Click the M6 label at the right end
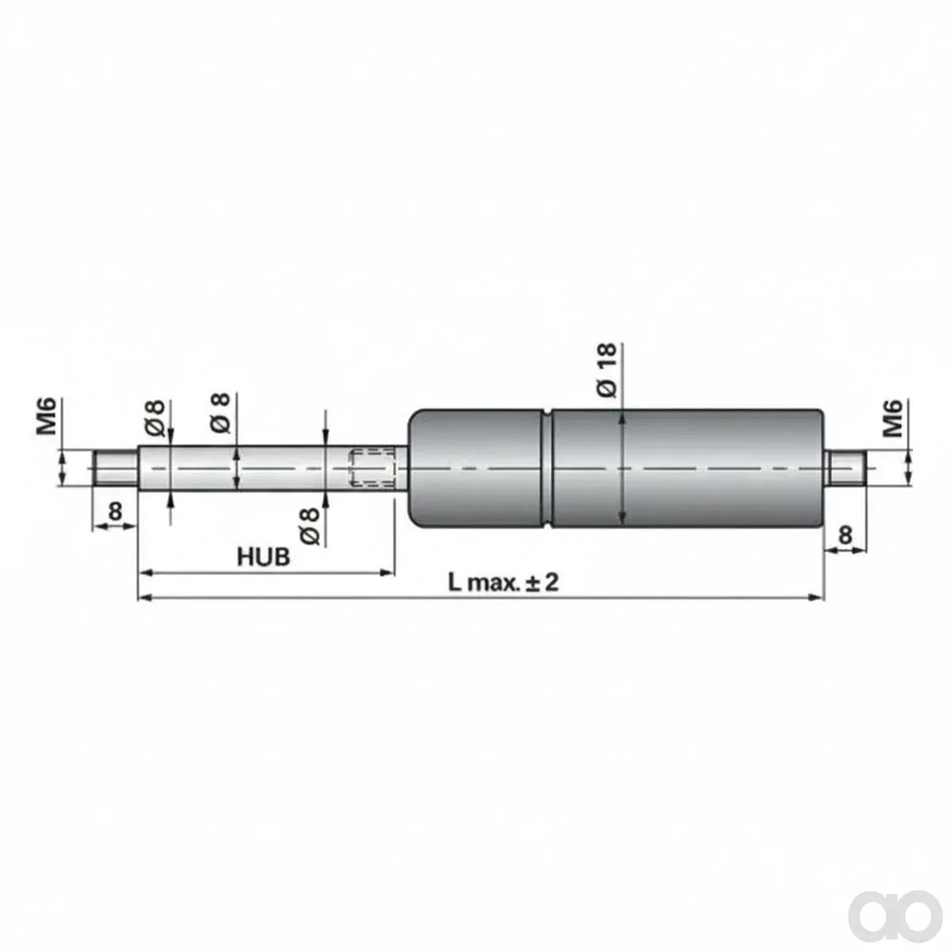(x=892, y=418)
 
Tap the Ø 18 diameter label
(x=607, y=370)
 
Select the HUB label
(x=264, y=556)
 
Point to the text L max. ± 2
(x=503, y=582)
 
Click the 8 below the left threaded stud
(x=115, y=512)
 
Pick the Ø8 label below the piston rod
(x=310, y=526)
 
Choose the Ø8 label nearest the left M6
(x=155, y=418)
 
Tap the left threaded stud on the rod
(x=116, y=468)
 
